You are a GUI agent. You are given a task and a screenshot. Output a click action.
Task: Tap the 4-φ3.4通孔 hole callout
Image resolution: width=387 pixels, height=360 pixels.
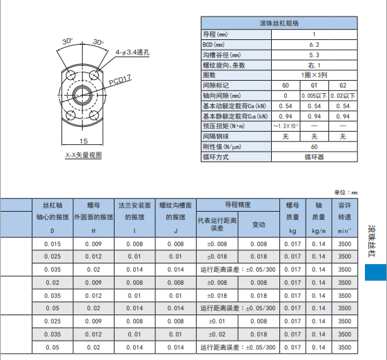click(x=136, y=52)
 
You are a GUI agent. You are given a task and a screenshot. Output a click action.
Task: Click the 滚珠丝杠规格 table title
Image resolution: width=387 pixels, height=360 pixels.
click(x=279, y=23)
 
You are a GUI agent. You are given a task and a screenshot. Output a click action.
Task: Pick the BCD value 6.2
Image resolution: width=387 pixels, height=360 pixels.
click(x=315, y=44)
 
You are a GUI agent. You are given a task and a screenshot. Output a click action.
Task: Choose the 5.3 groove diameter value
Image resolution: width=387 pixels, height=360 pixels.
click(x=315, y=54)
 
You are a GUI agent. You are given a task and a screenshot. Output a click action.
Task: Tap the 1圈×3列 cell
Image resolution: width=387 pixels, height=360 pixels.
click(x=315, y=74)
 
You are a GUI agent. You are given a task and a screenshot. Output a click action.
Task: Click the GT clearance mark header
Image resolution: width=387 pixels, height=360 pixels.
click(x=315, y=85)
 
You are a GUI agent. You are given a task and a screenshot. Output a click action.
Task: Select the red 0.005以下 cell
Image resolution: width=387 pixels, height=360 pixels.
click(x=315, y=95)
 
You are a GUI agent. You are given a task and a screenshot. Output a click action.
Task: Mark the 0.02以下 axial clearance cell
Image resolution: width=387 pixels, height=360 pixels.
click(x=343, y=95)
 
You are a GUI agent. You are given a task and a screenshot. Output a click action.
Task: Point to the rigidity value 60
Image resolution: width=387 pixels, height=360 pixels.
click(x=315, y=146)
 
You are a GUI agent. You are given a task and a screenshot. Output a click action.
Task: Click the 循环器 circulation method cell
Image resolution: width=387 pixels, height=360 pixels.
click(x=315, y=157)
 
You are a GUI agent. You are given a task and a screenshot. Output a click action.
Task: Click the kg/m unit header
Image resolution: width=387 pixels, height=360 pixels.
click(x=319, y=230)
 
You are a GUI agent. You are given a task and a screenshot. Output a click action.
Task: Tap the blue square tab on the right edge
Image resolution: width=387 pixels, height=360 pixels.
click(x=375, y=272)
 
